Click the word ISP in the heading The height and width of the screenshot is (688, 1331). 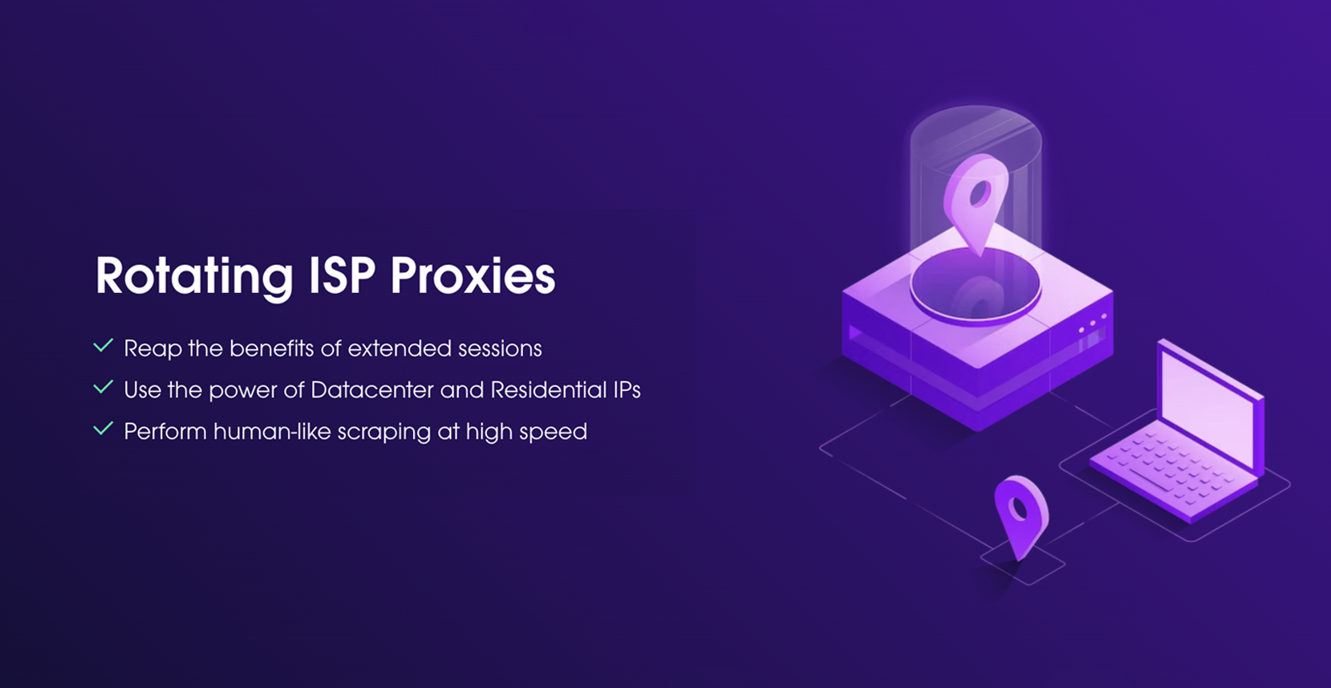(342, 276)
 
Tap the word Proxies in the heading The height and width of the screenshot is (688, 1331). (473, 276)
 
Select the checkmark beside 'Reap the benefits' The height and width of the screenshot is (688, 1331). (103, 347)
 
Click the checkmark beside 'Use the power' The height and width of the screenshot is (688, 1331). (103, 389)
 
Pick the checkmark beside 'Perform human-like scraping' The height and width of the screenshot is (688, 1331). (103, 429)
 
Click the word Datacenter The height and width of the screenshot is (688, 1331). (373, 390)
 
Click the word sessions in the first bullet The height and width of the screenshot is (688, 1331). (500, 348)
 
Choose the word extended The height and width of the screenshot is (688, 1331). (400, 348)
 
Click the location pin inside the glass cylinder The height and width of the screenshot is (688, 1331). (976, 201)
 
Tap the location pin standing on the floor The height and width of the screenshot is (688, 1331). (1021, 514)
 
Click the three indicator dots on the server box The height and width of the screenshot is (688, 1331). (1092, 324)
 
